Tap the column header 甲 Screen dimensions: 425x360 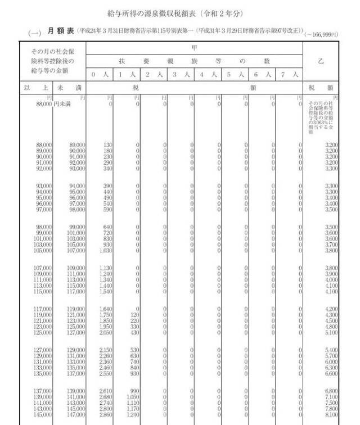tap(194, 48)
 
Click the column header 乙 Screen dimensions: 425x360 tap(321, 61)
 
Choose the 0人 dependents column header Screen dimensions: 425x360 tap(100, 74)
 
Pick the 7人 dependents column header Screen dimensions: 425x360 tap(291, 74)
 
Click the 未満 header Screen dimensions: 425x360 tap(69, 88)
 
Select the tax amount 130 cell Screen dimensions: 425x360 tap(107, 145)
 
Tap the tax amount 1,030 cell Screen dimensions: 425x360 tap(105, 250)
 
